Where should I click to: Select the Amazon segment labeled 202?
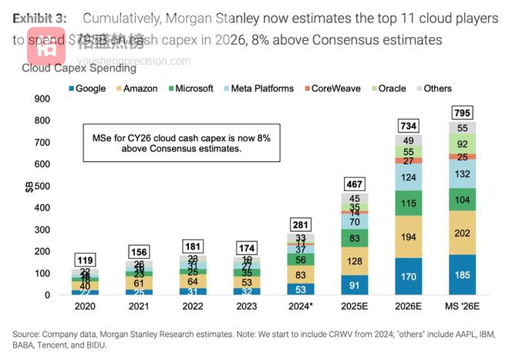[x=462, y=232]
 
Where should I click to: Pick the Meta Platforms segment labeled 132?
[x=462, y=174]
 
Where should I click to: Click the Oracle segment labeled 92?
[x=462, y=143]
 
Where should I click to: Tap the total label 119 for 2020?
[x=85, y=259]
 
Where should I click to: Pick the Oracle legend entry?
[x=388, y=89]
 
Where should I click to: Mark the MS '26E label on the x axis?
[x=462, y=307]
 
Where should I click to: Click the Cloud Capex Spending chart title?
[x=79, y=69]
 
